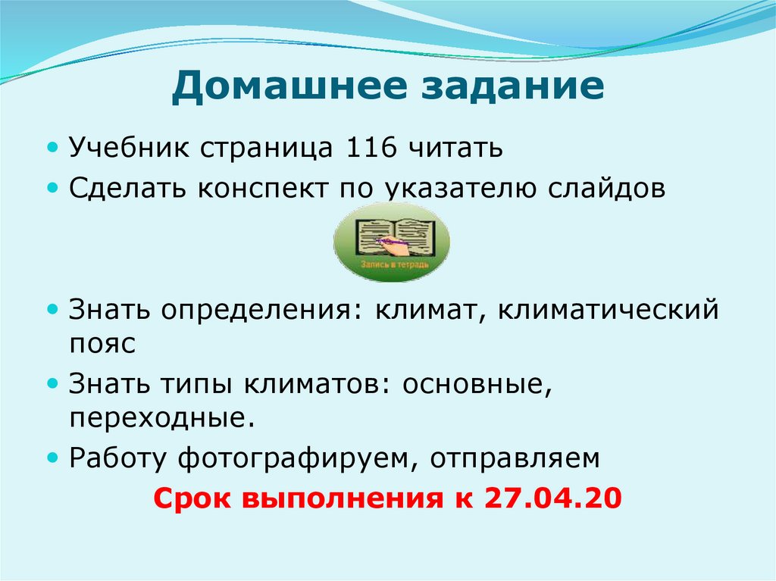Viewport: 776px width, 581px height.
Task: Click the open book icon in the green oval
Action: point(391,237)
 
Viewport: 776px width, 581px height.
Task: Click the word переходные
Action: point(161,418)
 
